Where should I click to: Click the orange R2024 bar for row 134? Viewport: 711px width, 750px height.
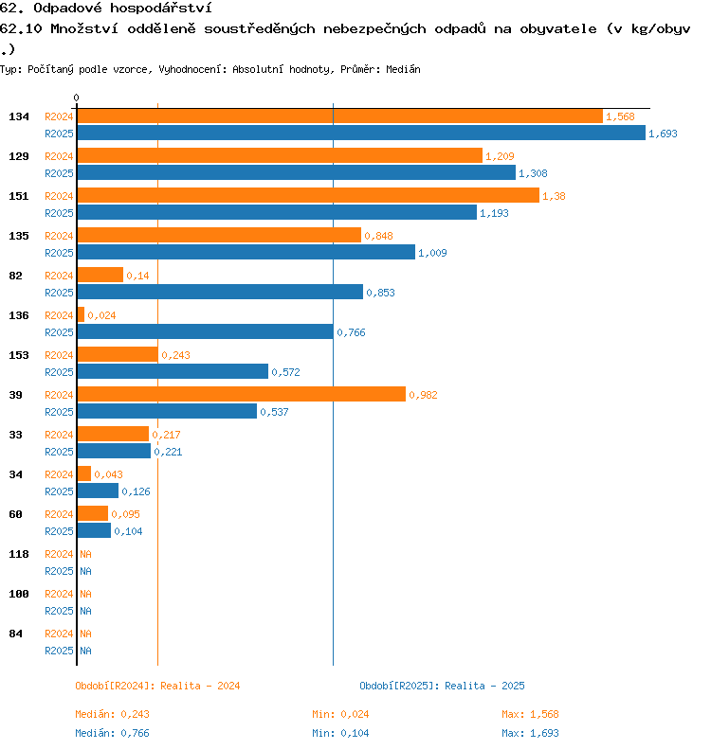click(x=339, y=116)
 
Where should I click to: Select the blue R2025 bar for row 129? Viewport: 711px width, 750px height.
click(x=296, y=172)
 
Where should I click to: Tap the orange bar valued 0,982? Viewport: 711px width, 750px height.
click(x=241, y=394)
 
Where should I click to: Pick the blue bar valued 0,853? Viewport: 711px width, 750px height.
click(x=220, y=292)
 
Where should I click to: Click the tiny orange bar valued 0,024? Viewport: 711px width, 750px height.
click(x=81, y=314)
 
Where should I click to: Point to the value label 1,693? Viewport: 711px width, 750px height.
click(x=663, y=134)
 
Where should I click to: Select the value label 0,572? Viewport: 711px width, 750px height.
click(x=285, y=372)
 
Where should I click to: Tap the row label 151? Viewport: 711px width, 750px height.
click(x=19, y=196)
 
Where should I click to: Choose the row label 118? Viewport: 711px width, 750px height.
click(x=19, y=554)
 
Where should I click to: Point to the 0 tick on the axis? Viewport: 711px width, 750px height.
click(x=77, y=98)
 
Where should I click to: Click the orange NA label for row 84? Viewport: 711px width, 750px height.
click(x=85, y=634)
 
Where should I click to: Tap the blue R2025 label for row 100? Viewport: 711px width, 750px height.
click(x=59, y=611)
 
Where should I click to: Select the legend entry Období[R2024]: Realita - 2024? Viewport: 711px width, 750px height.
click(x=157, y=686)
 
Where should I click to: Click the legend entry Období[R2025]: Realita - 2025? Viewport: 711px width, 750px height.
click(x=442, y=686)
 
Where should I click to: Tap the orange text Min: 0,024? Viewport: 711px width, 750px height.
click(x=340, y=714)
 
